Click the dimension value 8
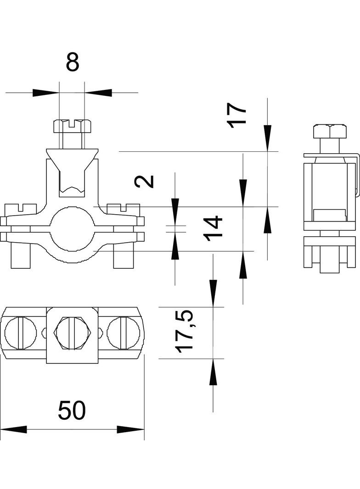pos(73,62)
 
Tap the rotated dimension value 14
pos(214,228)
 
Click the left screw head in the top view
pos(21,333)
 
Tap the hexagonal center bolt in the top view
pos(72,333)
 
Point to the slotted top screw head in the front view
pos(72,125)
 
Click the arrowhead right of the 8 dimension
pos(98,93)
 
